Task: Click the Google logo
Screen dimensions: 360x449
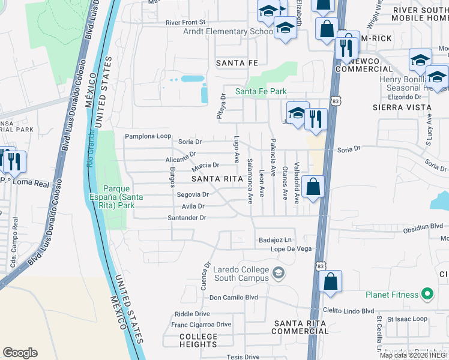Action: [20, 353]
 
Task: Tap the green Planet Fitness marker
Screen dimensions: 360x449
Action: [427, 294]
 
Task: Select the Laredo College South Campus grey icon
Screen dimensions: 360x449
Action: [278, 273]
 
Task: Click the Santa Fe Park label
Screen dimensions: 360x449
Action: [261, 91]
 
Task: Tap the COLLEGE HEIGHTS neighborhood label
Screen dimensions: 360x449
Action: [198, 340]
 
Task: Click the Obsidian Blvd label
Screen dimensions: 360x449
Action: [423, 227]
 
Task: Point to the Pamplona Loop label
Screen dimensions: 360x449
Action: [148, 136]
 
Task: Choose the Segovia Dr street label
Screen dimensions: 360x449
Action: [192, 194]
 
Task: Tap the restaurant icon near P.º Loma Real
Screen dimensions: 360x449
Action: [13, 160]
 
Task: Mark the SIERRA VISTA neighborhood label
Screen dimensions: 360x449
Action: [402, 107]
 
